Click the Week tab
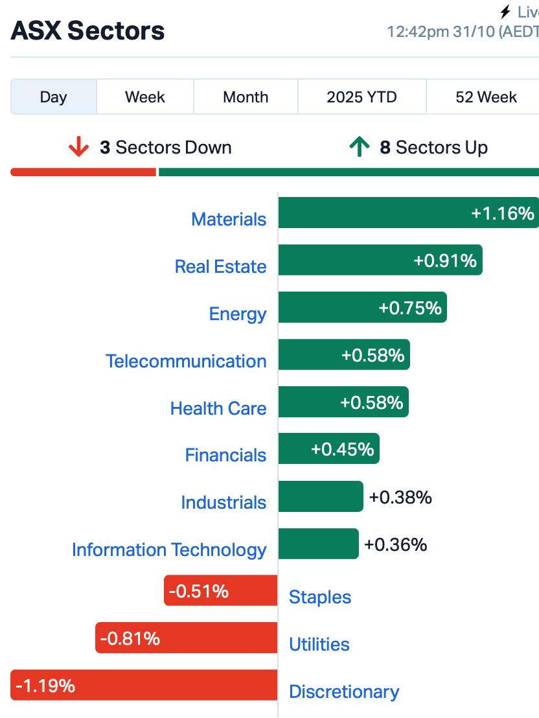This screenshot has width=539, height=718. tap(145, 97)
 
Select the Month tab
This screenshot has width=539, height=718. tap(246, 97)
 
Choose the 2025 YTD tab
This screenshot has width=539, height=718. tap(361, 97)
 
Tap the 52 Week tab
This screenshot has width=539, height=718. tap(486, 97)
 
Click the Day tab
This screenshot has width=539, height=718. tap(53, 97)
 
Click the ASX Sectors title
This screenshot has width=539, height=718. tap(87, 30)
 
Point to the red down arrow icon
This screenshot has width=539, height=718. tap(78, 148)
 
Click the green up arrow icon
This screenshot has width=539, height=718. tap(358, 148)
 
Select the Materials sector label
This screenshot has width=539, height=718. tap(229, 219)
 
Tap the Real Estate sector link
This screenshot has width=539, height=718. tap(220, 266)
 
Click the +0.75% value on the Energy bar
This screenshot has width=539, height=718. tap(410, 308)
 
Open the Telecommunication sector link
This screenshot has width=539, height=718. tap(186, 361)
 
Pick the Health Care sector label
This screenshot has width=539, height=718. tap(218, 408)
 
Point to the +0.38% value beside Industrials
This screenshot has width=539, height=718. tap(400, 497)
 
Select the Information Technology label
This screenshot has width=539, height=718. tap(169, 550)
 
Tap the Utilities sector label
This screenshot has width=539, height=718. tap(319, 644)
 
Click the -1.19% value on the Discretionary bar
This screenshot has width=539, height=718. tap(45, 685)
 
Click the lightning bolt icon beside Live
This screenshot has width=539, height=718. tap(505, 12)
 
